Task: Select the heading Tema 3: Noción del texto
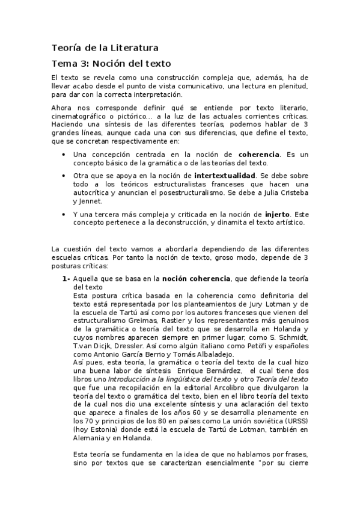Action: click(111, 63)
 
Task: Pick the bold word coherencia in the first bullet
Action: click(258, 155)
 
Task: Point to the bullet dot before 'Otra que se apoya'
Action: click(65, 176)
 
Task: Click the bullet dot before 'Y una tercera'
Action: click(65, 214)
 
